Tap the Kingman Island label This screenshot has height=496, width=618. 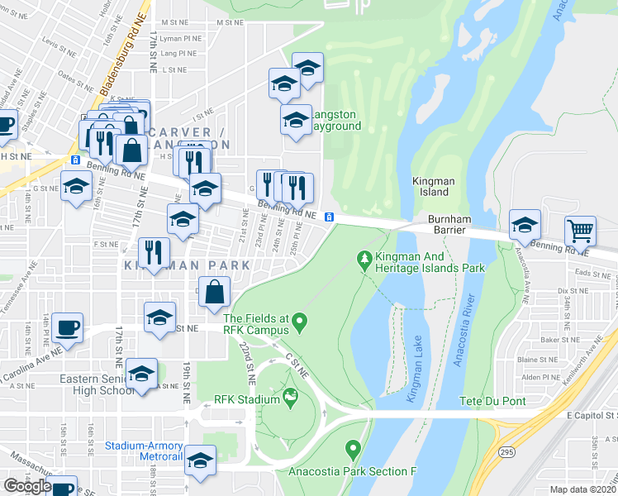click(430, 186)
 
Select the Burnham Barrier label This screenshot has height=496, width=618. click(449, 225)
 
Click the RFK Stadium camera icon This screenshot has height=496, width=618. click(290, 399)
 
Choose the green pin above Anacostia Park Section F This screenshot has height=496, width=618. click(354, 451)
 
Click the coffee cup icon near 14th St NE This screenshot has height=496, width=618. click(67, 327)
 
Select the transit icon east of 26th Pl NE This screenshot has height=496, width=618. click(329, 217)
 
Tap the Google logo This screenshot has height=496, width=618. click(27, 486)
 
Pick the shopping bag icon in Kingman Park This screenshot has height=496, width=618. click(214, 291)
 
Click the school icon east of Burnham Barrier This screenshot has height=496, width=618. click(524, 223)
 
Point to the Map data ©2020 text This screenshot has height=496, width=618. click(582, 489)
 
